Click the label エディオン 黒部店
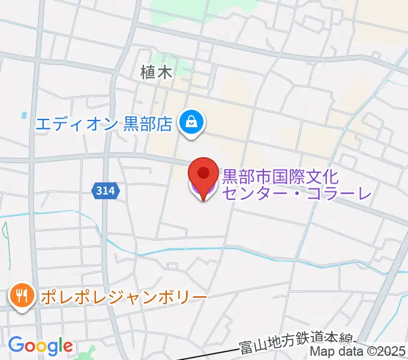point(104,124)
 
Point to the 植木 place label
point(156,73)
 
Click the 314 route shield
point(107,191)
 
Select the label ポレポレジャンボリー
point(123,297)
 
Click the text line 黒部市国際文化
point(281,176)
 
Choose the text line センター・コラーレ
point(297,193)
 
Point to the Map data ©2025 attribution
point(358,353)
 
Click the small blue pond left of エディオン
point(24,114)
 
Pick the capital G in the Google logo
point(16,345)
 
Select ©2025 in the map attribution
point(385,353)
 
